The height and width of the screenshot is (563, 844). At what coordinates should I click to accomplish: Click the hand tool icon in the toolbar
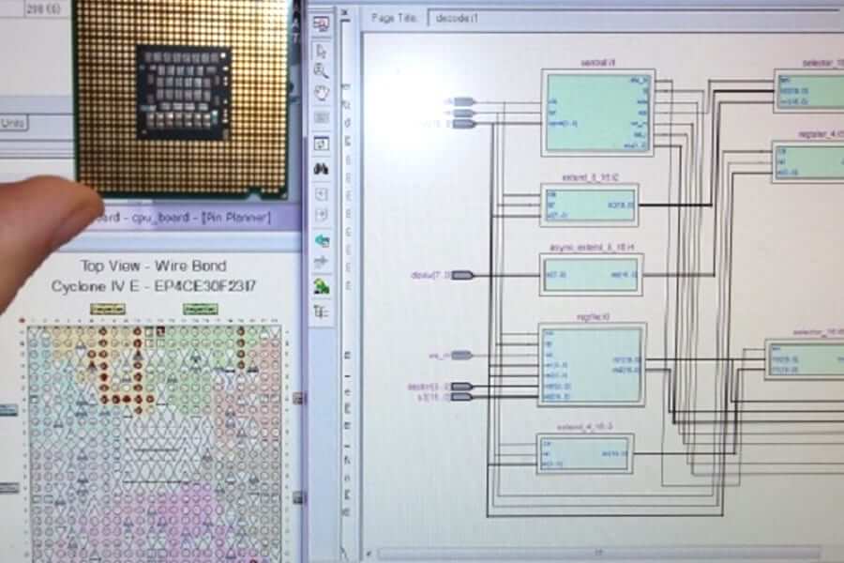(x=322, y=93)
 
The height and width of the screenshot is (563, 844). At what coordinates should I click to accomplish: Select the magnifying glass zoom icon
(x=322, y=70)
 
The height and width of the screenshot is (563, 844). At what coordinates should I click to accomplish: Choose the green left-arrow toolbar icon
(x=322, y=240)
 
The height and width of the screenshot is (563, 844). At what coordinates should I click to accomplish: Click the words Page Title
(x=395, y=17)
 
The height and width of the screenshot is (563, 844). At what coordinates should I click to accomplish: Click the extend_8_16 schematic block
(x=589, y=204)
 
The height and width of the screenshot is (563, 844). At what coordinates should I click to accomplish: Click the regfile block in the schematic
(x=591, y=364)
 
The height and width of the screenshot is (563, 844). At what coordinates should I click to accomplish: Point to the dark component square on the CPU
(x=183, y=90)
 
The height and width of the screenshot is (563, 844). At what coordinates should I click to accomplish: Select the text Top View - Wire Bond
(x=153, y=266)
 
